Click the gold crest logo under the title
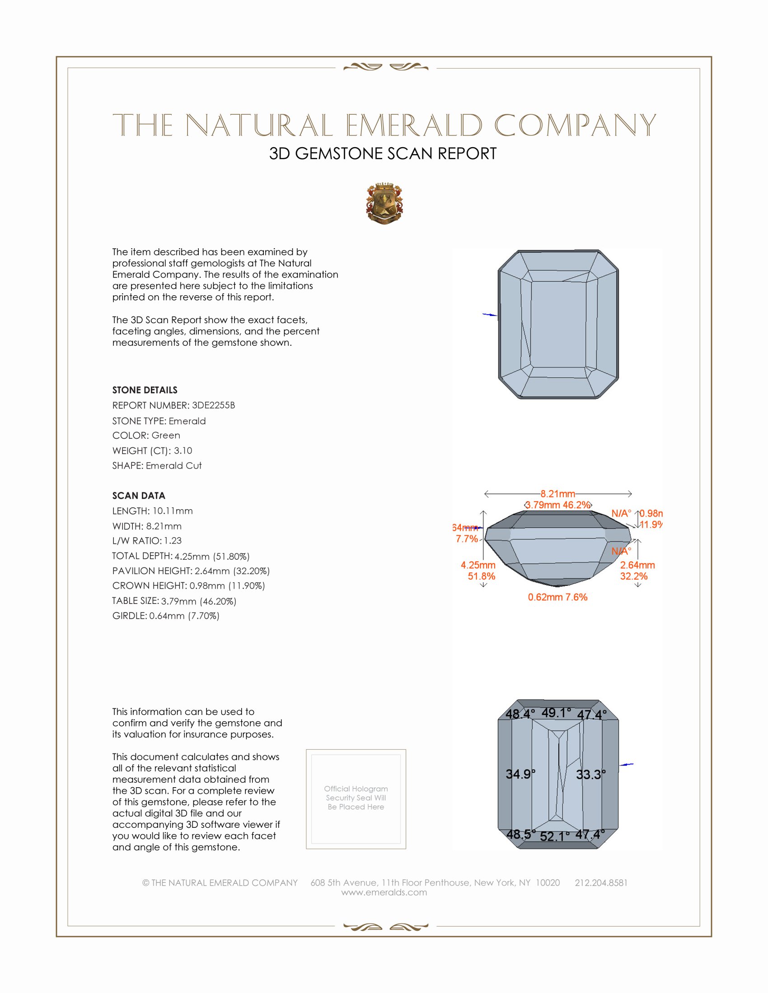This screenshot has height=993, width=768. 384,204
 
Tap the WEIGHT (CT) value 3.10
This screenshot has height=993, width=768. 183,450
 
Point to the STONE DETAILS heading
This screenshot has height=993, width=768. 145,390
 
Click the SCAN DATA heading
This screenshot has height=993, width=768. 139,496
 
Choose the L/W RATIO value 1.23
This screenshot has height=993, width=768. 173,541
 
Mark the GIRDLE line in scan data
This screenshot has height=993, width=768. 166,616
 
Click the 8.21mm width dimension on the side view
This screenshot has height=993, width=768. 557,494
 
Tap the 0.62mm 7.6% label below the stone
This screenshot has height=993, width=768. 557,597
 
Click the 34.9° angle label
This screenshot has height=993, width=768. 520,774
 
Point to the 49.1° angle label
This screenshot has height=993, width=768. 556,712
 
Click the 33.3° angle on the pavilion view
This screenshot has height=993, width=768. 590,774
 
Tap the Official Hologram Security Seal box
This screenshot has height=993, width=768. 356,799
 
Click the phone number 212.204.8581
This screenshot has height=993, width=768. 600,882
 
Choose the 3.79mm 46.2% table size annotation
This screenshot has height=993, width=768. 558,505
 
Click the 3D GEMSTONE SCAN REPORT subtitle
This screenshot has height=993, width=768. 383,153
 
